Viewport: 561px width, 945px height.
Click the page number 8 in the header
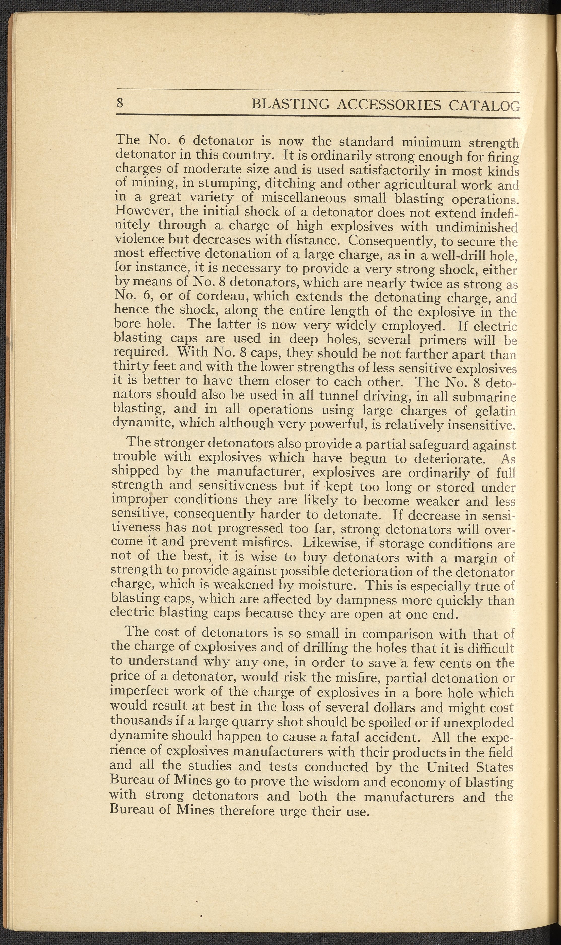120,102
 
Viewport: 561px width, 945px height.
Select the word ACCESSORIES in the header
389,104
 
